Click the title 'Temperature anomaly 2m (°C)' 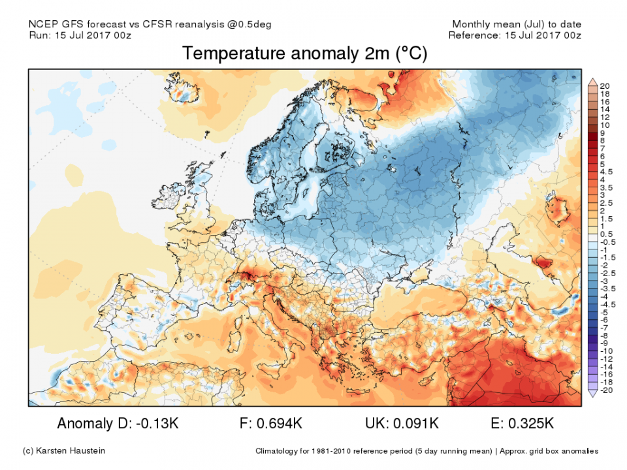(304, 54)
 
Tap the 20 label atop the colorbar (604, 86)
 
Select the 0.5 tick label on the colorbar (606, 234)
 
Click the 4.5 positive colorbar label (606, 172)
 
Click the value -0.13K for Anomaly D (155, 424)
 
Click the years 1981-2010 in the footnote (355, 451)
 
